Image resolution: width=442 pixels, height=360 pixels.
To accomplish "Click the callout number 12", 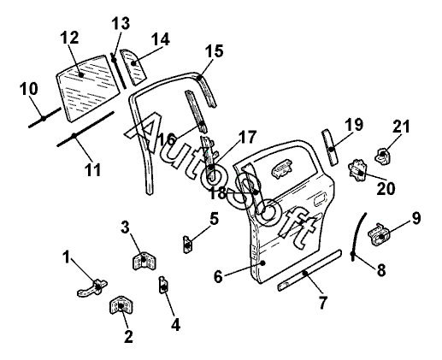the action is point(70,38).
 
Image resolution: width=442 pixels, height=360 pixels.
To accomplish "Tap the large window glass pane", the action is point(87,88).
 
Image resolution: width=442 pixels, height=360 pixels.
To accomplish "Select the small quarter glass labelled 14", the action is point(133,67).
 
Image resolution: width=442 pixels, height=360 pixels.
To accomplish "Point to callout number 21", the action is point(401,127).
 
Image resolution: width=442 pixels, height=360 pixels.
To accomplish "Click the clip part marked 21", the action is point(383,156).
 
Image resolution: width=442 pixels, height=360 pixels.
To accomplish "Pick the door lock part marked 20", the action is point(357,170).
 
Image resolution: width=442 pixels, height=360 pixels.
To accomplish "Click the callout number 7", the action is point(322,302).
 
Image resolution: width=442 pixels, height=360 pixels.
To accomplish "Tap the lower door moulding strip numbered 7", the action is point(309,270).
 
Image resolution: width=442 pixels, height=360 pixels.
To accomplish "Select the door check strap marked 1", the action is point(92,287).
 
